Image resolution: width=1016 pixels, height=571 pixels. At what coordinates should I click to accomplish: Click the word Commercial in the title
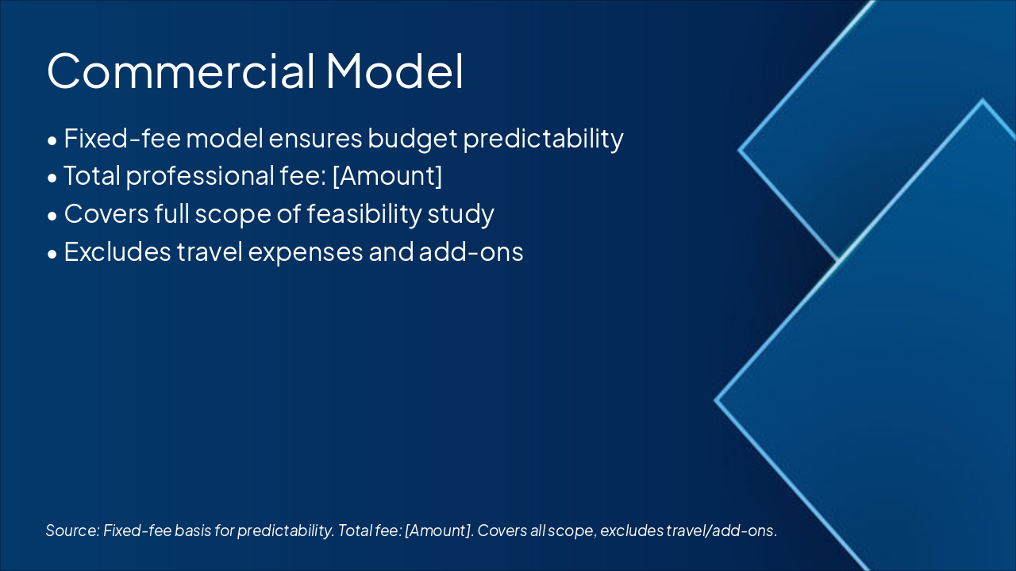(181, 71)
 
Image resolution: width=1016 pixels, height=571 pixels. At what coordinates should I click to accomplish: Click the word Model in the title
(394, 71)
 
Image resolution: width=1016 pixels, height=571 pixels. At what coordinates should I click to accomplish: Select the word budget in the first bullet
(412, 138)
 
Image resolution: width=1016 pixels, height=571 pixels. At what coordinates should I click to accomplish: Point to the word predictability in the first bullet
(543, 138)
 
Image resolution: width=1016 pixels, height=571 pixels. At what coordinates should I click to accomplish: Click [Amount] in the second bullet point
(387, 176)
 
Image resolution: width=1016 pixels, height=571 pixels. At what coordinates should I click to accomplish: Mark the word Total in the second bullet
(91, 176)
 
